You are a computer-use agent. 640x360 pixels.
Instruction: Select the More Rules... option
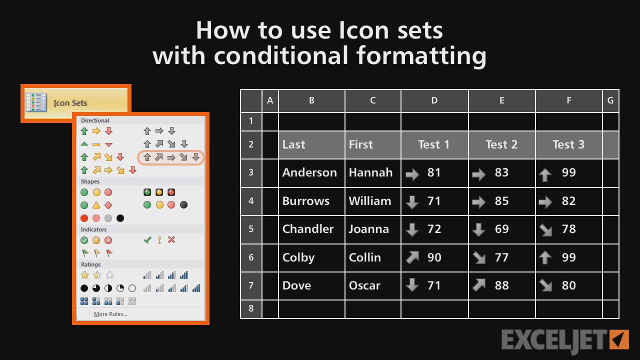[x=110, y=314]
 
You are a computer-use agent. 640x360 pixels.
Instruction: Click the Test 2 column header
[x=501, y=144]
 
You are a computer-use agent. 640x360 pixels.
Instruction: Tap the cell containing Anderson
[x=311, y=173]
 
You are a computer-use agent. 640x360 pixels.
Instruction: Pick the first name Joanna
[x=368, y=229]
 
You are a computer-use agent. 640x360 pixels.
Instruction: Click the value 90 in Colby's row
[x=434, y=257]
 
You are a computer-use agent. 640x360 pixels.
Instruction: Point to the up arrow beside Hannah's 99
[x=545, y=174]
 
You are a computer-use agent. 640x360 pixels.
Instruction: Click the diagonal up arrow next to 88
[x=479, y=285]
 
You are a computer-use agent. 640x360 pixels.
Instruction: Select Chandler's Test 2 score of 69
[x=501, y=229]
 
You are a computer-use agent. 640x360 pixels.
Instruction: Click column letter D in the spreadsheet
[x=434, y=100]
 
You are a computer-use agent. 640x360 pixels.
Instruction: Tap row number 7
[x=251, y=285]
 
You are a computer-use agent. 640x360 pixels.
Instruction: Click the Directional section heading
[x=95, y=120]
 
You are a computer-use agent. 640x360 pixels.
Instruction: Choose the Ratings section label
[x=90, y=264]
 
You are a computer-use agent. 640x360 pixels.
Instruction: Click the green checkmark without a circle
[x=147, y=240]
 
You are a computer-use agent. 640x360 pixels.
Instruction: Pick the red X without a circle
[x=171, y=239]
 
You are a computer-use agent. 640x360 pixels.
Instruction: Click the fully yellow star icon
[x=84, y=275]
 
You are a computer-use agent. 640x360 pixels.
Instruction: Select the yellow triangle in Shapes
[x=96, y=205]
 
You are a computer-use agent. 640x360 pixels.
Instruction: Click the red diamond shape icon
[x=108, y=205]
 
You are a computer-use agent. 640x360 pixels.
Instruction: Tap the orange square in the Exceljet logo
[x=619, y=339]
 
